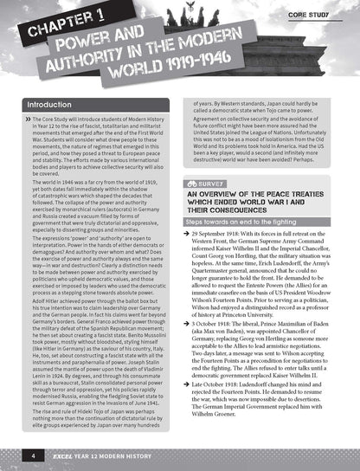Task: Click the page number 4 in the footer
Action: (x=32, y=454)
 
